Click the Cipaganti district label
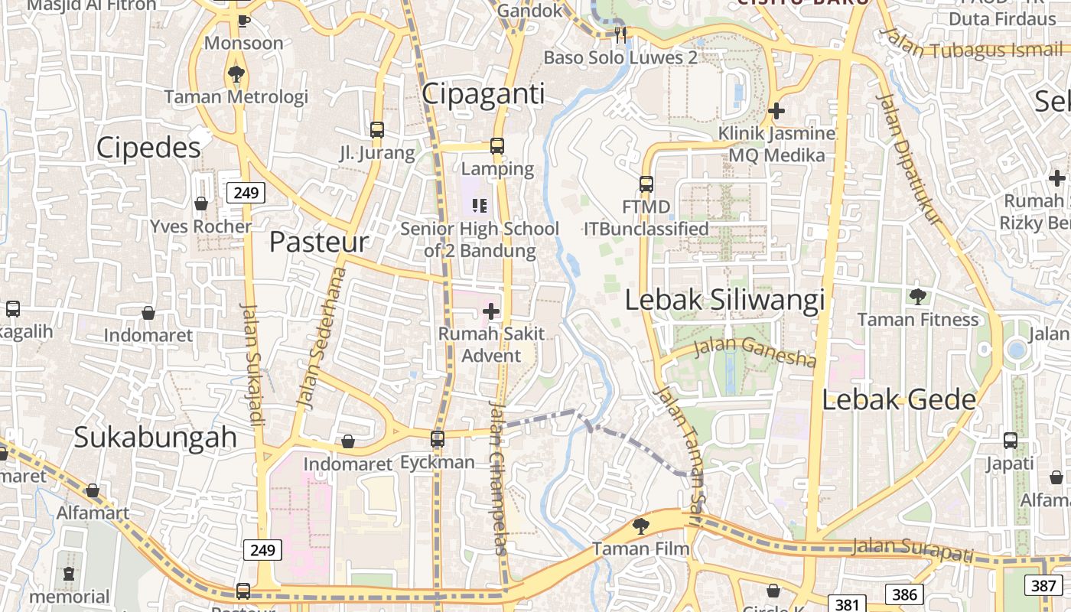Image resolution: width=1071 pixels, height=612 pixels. tap(483, 94)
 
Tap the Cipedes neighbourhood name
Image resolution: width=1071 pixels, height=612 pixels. tap(148, 147)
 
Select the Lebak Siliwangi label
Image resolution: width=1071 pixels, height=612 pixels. tap(724, 300)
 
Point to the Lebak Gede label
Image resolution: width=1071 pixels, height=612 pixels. tap(899, 399)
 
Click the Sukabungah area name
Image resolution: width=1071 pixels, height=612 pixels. tap(155, 437)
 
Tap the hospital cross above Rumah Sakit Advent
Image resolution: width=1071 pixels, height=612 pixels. tap(491, 311)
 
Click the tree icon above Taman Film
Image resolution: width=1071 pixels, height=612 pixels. tap(640, 526)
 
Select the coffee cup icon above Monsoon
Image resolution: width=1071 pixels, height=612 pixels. tap(243, 21)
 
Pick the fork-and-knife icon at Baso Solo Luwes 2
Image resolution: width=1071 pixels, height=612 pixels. tap(620, 34)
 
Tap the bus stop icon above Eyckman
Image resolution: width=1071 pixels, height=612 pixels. tap(438, 439)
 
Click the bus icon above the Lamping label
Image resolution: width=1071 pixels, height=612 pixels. tap(497, 145)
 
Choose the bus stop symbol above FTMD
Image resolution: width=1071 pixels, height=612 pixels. tap(646, 184)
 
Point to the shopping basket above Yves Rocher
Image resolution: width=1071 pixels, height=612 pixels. tap(200, 203)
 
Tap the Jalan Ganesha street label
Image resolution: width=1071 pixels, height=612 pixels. tap(755, 351)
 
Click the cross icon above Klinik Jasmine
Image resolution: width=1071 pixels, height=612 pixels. tap(776, 111)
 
